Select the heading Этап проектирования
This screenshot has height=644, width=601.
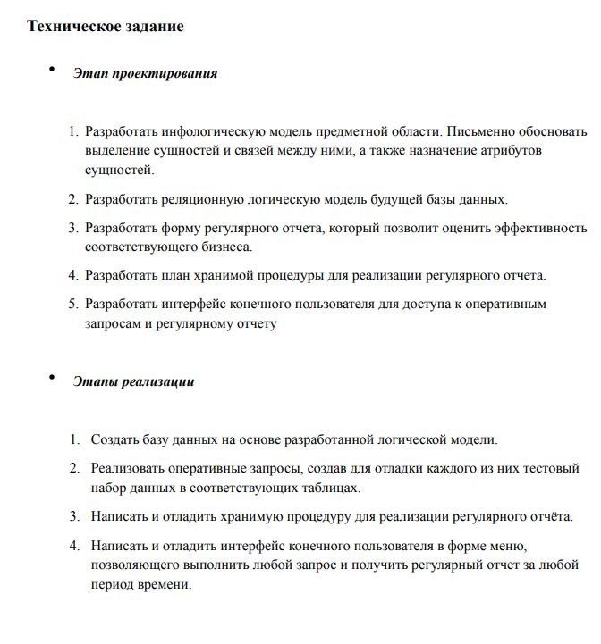click(x=145, y=73)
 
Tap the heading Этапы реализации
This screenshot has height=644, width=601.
click(x=133, y=381)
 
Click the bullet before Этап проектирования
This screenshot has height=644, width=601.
click(x=52, y=68)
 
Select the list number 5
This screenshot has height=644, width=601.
click(x=73, y=304)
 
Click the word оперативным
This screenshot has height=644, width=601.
click(x=507, y=304)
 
